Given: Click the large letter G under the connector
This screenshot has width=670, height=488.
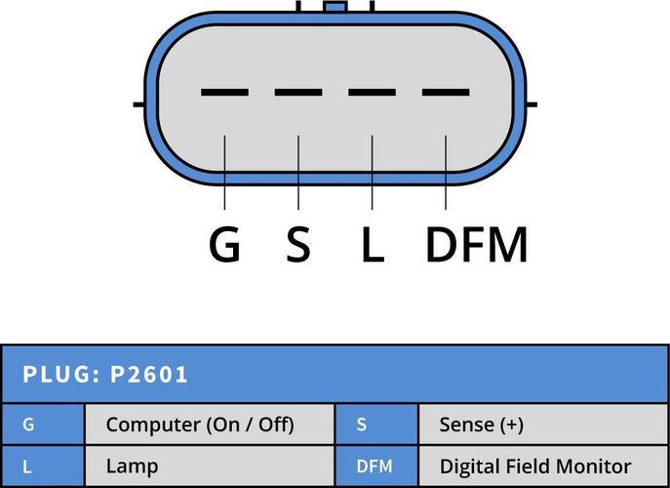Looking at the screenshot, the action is tap(224, 244).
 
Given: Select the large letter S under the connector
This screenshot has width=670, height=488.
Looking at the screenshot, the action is tap(298, 244).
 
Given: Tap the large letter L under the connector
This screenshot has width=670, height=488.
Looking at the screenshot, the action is tap(373, 244).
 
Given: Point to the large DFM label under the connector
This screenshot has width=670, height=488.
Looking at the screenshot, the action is tap(477, 244).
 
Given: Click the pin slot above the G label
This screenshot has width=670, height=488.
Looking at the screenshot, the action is tap(224, 92).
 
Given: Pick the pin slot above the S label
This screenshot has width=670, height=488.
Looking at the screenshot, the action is tap(298, 92).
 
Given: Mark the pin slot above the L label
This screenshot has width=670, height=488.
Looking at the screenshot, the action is tap(373, 92).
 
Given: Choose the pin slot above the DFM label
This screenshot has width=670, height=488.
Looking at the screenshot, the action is tap(446, 92).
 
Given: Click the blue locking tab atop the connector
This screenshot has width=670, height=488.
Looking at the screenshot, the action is tap(335, 7).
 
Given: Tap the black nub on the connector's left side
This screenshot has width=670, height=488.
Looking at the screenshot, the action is tap(139, 104).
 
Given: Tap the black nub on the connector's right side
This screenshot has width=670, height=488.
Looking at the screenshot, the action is tap(532, 104).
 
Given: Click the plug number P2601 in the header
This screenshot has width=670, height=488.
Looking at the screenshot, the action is tap(148, 375).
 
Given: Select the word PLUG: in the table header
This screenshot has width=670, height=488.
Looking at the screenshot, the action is tap(61, 375).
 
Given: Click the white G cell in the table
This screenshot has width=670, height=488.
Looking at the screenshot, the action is tap(28, 425).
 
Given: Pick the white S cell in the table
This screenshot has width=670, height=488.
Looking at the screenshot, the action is tap(362, 425).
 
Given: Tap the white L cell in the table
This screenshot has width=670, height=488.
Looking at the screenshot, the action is tap(27, 467).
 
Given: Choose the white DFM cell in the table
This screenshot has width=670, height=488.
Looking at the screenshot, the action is tap(374, 467).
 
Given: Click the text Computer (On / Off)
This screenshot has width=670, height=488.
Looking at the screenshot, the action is tap(200, 426).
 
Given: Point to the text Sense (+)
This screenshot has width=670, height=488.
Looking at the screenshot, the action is tap(481, 426).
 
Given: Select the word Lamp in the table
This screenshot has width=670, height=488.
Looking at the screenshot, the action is tap(132, 467).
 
